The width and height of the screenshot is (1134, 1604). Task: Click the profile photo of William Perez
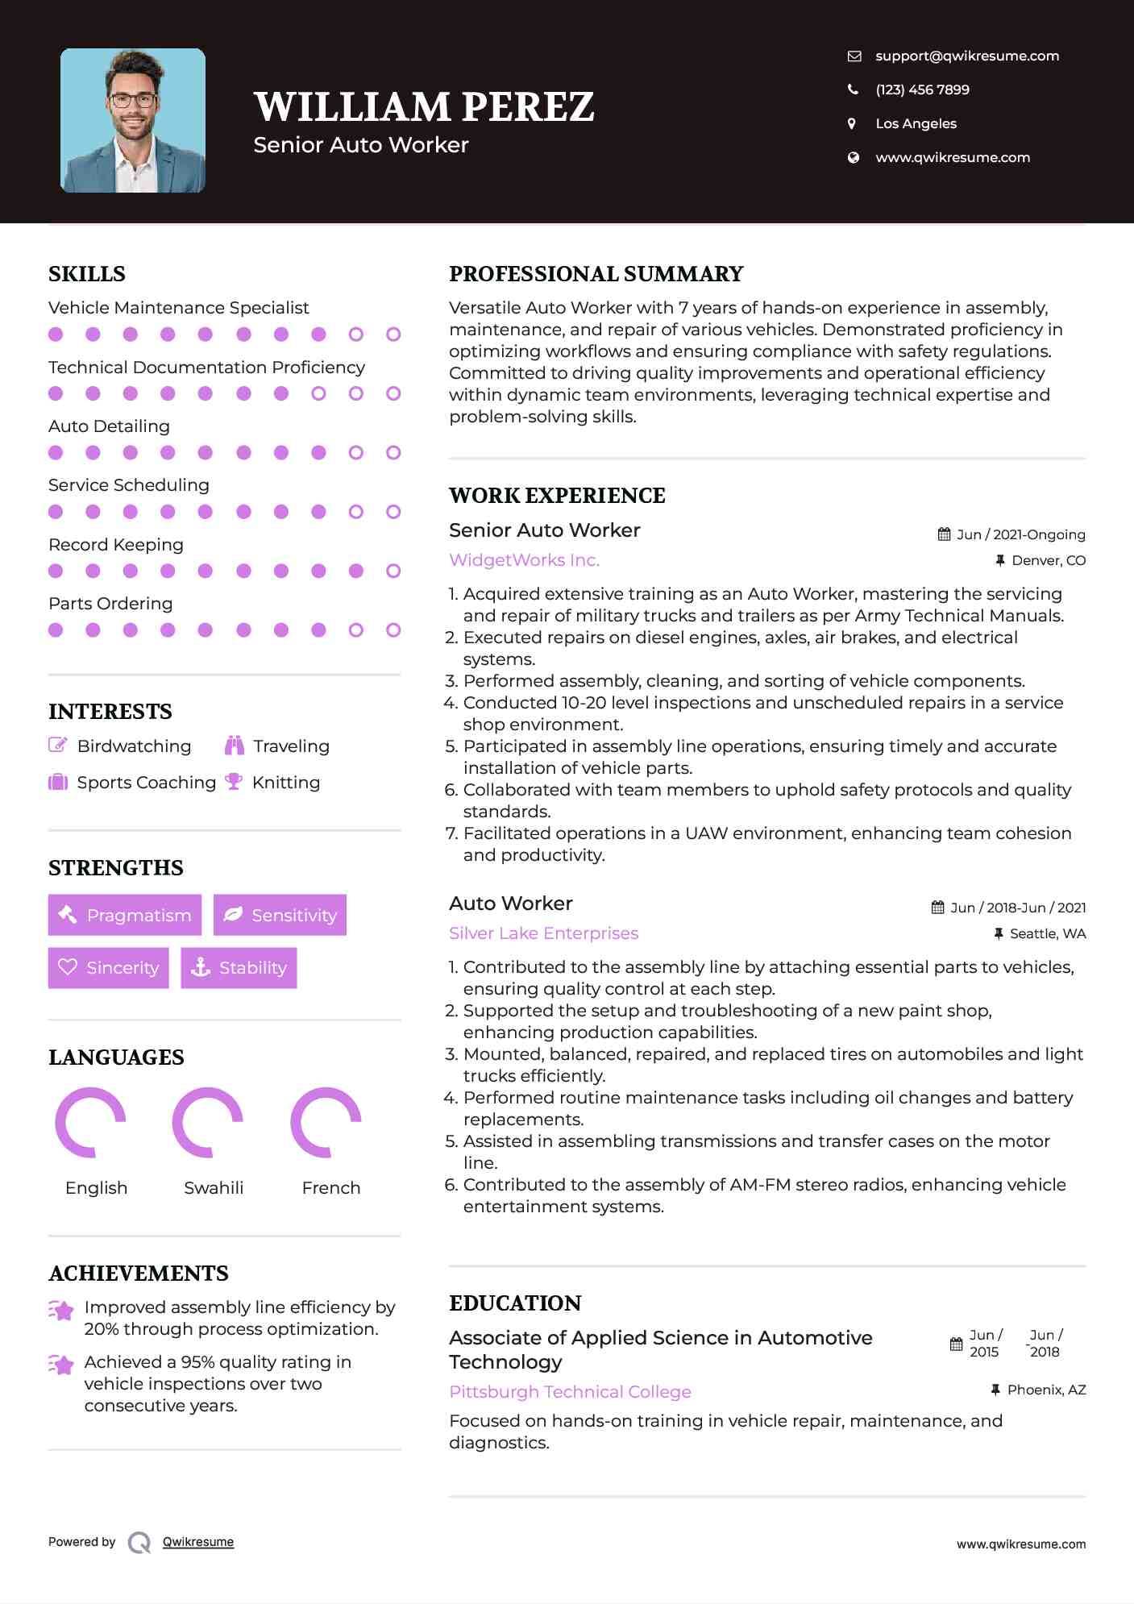tap(133, 121)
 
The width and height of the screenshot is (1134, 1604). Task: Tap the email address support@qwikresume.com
tap(966, 56)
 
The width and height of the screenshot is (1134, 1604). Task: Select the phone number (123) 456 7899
tap(922, 89)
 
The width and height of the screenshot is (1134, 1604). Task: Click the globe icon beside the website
tap(854, 157)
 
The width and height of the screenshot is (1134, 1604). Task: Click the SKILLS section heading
tap(87, 274)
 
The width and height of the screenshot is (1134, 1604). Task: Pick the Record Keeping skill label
tap(116, 545)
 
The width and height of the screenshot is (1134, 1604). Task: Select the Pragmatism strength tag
tap(125, 915)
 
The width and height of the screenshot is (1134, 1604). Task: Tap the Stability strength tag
tap(239, 967)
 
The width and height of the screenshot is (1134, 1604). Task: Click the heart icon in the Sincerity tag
tap(68, 967)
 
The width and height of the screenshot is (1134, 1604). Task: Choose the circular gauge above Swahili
tap(208, 1122)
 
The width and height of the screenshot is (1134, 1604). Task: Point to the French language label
tap(330, 1188)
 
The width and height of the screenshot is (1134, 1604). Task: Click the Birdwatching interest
tap(134, 746)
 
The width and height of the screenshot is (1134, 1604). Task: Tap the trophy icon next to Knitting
tap(234, 781)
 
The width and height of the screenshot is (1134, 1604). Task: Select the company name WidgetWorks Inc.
tap(524, 560)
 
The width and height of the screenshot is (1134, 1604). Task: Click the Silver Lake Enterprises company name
tap(543, 933)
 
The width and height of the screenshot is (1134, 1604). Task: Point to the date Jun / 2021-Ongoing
tap(1020, 534)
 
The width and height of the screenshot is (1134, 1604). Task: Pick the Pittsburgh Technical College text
tap(570, 1392)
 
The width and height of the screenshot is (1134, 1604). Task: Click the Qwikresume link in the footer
tap(198, 1542)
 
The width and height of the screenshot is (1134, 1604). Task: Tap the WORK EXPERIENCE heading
tap(557, 496)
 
